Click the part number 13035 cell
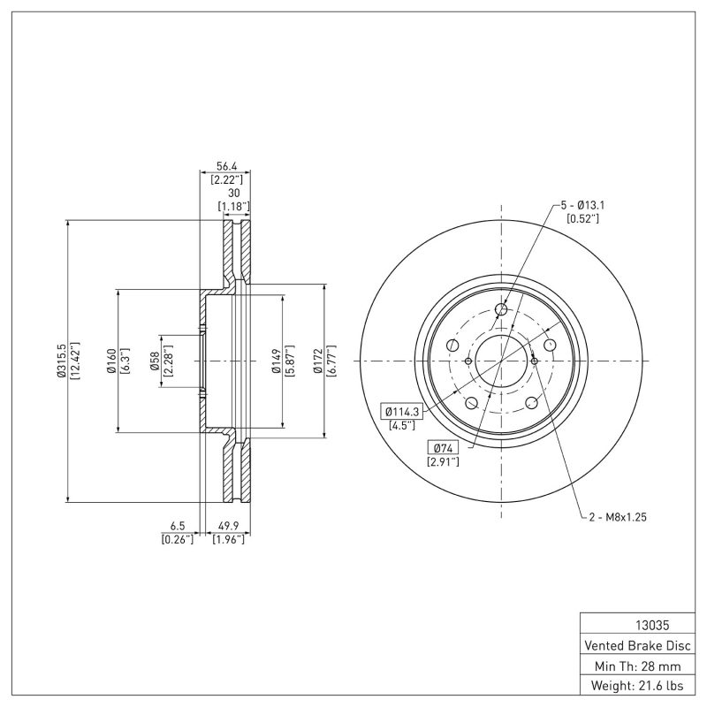(x=636, y=623)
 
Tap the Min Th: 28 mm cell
(x=636, y=665)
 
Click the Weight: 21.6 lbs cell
(x=636, y=685)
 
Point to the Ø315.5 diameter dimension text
(x=60, y=361)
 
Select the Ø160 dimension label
(x=111, y=361)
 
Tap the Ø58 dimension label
(x=155, y=361)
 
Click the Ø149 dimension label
(x=277, y=361)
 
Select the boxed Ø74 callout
(x=440, y=447)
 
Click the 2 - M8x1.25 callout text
(x=619, y=517)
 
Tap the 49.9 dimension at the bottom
(x=228, y=524)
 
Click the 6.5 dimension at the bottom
(x=178, y=524)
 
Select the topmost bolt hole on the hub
(x=501, y=309)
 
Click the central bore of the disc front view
(x=501, y=361)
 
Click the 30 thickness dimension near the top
(x=234, y=193)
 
